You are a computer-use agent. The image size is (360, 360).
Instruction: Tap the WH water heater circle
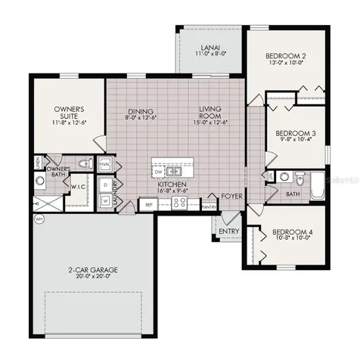click(x=37, y=219)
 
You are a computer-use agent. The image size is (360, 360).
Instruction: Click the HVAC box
click(x=104, y=163)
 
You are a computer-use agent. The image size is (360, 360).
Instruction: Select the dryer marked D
click(x=104, y=184)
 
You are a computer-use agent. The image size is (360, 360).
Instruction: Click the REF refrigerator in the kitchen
click(x=149, y=204)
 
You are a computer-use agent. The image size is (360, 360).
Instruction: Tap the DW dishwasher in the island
click(x=160, y=170)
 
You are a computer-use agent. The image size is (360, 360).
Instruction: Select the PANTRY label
click(x=209, y=206)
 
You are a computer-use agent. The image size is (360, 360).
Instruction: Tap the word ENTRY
click(x=228, y=232)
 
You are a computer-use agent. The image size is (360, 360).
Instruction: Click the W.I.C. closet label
click(x=79, y=185)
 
